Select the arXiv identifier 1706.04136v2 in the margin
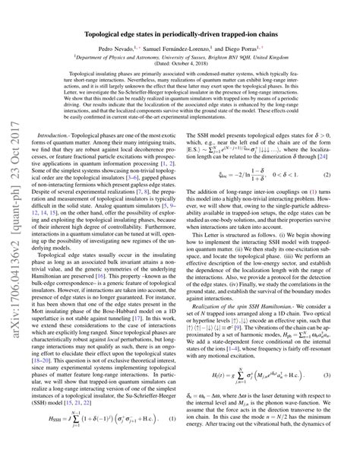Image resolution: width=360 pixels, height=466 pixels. pyautogui.click(x=13, y=290)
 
